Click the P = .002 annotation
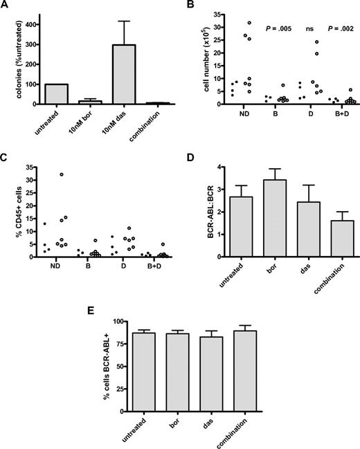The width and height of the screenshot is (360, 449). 340,28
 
